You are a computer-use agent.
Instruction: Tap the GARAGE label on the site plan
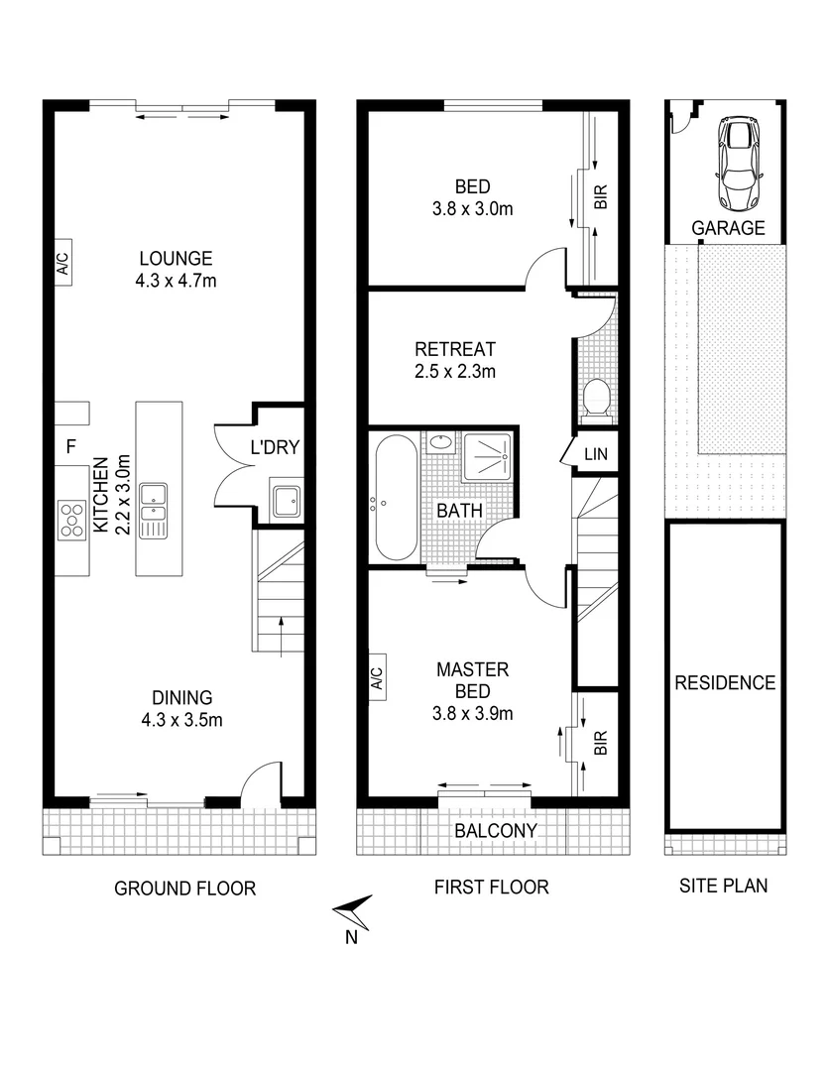(729, 228)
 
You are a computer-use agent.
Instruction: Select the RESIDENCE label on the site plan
(725, 682)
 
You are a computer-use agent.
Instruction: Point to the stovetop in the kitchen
(72, 519)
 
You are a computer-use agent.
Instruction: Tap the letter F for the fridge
(70, 447)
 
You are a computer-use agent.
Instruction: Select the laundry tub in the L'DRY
(286, 502)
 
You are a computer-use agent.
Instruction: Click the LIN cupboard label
(595, 454)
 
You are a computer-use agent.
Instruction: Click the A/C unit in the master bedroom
(377, 679)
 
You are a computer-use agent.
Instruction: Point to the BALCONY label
(495, 830)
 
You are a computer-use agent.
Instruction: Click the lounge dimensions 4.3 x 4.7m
(176, 281)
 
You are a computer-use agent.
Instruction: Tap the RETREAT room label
(454, 349)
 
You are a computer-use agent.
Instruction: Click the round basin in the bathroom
(439, 442)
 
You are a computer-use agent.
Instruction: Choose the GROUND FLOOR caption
(185, 888)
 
